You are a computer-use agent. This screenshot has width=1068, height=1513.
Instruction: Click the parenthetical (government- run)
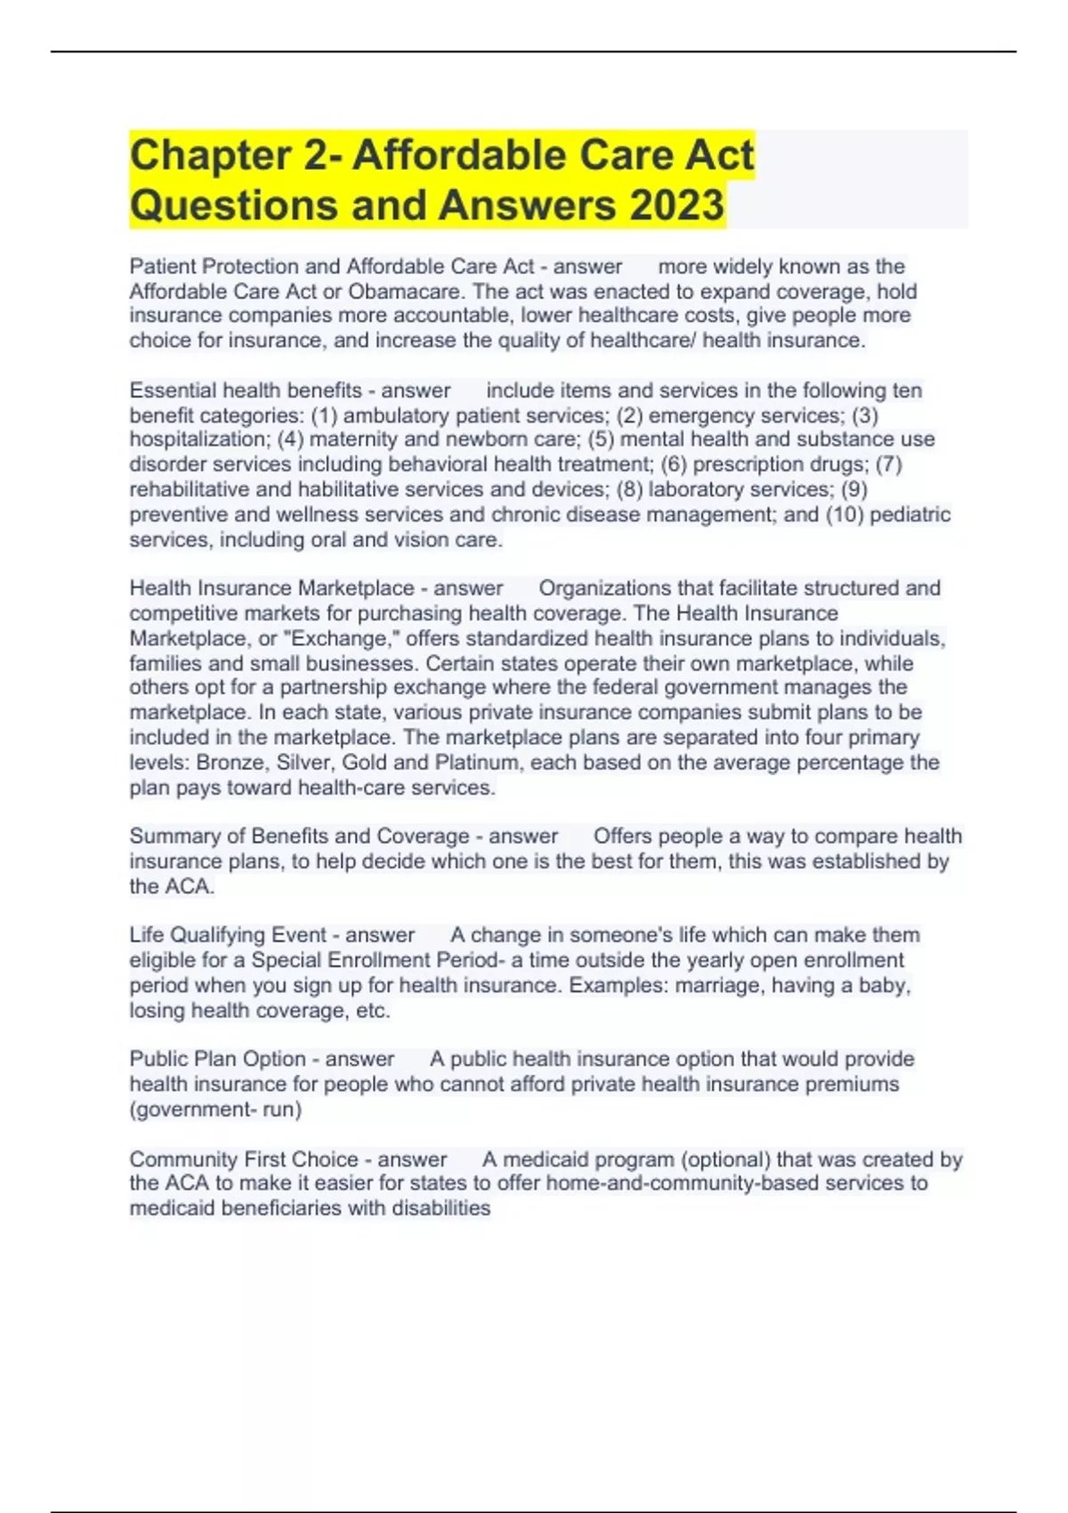point(215,1110)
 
